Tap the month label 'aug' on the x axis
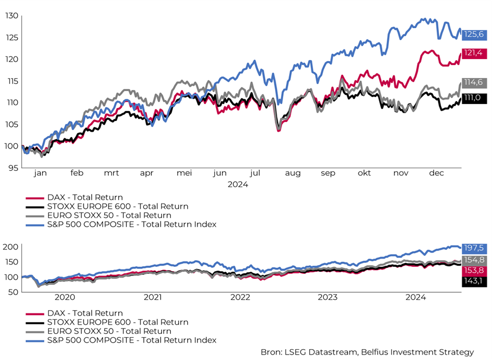point(292,173)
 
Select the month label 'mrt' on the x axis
point(111,173)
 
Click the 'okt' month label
point(364,173)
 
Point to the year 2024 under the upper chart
point(238,184)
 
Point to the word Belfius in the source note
point(370,352)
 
